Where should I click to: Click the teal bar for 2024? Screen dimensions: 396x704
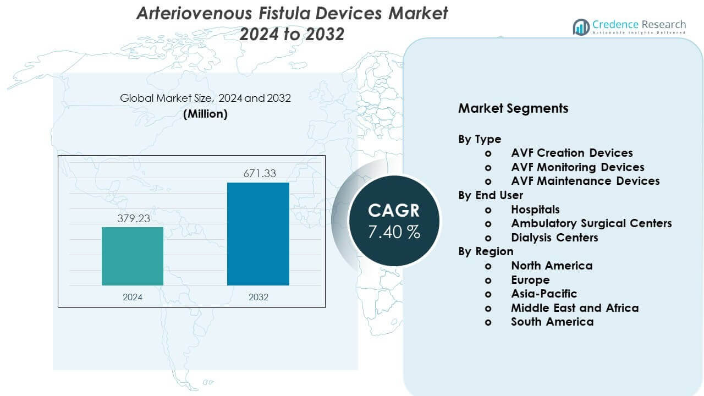pos(133,256)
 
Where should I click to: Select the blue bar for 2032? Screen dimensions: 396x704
pos(258,234)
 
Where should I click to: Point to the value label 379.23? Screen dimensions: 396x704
pos(133,218)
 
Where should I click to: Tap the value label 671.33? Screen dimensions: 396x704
pos(260,174)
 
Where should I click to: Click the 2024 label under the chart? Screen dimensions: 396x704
pos(133,297)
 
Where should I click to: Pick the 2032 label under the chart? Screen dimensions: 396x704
pos(258,297)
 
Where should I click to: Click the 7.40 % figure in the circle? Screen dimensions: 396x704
pos(394,232)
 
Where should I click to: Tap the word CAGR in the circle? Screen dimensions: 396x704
pos(394,210)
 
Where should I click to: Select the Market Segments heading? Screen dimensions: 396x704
pos(513,108)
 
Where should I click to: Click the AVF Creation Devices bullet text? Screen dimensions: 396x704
pos(571,153)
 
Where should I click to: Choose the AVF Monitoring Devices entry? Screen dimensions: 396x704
pos(577,167)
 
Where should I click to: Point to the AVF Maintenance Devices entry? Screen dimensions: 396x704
pos(585,181)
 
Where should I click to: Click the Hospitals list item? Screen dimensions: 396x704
pos(535,210)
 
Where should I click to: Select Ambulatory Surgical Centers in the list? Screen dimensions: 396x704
pos(591,223)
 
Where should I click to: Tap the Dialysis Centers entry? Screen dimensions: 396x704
pos(554,238)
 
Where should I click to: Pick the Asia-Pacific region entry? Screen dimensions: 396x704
pos(544,294)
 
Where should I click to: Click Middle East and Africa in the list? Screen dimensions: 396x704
pos(575,308)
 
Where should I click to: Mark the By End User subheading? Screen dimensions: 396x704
pos(491,195)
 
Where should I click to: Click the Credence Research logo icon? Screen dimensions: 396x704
pos(581,26)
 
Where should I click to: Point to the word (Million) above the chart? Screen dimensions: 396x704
pos(205,114)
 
